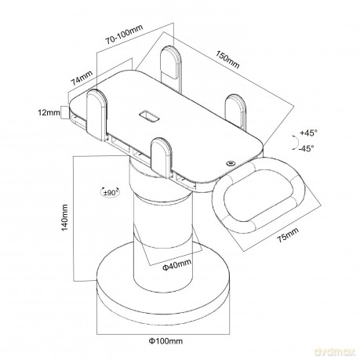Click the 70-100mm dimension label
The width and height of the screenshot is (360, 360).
click(124, 35)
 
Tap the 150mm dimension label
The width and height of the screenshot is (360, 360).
click(227, 60)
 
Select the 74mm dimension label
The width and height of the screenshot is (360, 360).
click(82, 78)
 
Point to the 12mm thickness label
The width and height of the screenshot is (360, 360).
click(49, 113)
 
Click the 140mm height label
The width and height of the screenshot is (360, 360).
click(64, 218)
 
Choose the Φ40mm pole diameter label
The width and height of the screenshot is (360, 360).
click(176, 264)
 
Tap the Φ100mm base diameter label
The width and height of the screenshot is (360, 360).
click(165, 341)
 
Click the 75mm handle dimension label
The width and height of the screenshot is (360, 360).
click(288, 235)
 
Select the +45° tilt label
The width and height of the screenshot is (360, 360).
click(309, 133)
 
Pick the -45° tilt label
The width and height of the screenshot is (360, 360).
click(306, 148)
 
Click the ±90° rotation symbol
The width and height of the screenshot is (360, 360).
click(111, 193)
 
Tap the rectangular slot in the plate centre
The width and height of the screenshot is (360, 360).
click(149, 116)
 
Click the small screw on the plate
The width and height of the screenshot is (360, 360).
click(231, 163)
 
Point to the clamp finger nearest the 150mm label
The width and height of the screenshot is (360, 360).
click(236, 112)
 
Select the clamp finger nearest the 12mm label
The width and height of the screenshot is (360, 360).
click(96, 115)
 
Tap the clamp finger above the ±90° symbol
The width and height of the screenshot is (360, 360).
click(162, 157)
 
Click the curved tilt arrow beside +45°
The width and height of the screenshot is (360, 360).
click(296, 143)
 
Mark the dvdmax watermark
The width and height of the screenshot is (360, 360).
click(334, 352)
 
